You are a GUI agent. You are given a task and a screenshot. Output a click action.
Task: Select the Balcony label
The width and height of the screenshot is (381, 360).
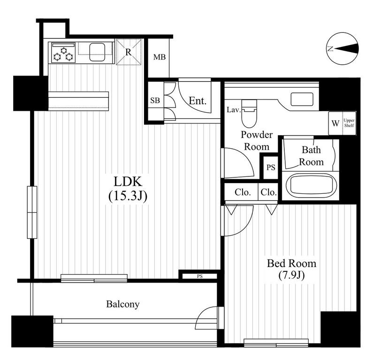[123, 304]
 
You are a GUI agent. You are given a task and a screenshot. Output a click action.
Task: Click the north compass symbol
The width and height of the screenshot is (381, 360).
[343, 49]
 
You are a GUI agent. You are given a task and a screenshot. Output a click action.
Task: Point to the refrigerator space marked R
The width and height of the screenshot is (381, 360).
[128, 52]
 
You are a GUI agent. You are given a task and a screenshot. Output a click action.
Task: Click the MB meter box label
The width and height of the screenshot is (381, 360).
[160, 57]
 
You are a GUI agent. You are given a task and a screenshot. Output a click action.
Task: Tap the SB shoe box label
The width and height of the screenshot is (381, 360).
[155, 100]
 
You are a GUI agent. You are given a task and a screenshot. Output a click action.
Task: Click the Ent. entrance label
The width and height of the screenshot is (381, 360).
[198, 100]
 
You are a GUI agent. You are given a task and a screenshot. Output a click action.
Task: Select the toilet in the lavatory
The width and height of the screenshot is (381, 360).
[249, 114]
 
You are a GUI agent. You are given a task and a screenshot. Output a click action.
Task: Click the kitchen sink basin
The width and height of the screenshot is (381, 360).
[98, 52]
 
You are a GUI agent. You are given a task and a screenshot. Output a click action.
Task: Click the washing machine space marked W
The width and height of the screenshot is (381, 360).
[335, 123]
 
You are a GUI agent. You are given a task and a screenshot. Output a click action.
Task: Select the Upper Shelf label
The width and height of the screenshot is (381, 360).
[349, 123]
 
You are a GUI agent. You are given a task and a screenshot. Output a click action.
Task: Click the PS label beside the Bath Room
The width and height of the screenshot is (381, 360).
[271, 167]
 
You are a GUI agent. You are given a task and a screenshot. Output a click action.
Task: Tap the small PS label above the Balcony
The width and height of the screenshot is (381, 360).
[200, 276]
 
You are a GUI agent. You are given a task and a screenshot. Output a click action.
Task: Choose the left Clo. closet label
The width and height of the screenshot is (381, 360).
[243, 192]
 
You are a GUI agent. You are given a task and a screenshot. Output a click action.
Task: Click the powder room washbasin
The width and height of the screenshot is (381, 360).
[302, 99]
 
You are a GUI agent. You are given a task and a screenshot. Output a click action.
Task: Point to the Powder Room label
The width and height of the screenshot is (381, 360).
[257, 140]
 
